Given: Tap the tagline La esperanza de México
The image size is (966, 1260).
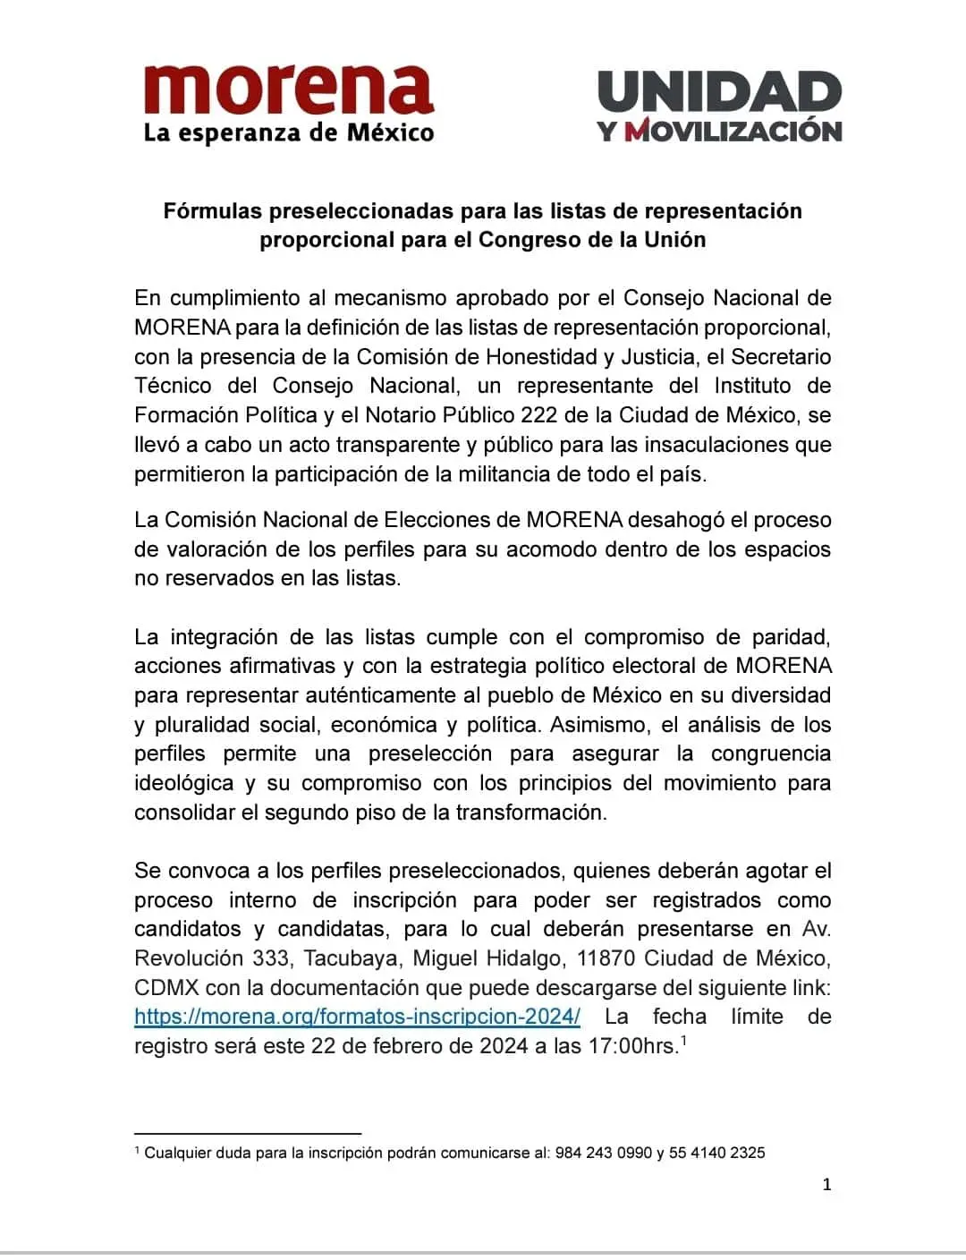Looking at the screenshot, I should [x=289, y=134].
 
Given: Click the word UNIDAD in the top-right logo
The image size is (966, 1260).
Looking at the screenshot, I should [x=720, y=92].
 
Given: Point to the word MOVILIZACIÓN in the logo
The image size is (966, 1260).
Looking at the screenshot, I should [x=733, y=131].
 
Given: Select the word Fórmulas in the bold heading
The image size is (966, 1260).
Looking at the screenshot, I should [x=212, y=211].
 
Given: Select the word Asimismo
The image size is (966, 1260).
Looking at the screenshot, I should [x=593, y=725].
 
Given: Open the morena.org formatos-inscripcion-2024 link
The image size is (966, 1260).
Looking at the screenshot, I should [x=357, y=1017].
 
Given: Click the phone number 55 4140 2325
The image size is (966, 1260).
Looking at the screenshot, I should [x=716, y=1153].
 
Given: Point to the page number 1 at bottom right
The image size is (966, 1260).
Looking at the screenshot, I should [x=826, y=1185].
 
